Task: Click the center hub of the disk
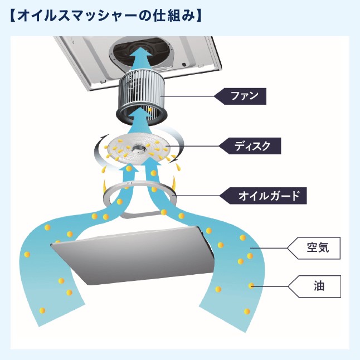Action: click(137, 149)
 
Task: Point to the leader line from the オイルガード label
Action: click(198, 196)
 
